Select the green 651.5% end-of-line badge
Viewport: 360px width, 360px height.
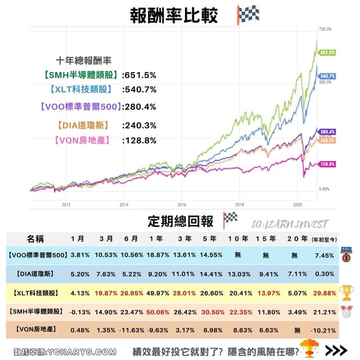click(x=327, y=52)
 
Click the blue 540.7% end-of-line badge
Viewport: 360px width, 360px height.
click(x=327, y=75)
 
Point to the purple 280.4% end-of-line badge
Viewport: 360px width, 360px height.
click(x=327, y=132)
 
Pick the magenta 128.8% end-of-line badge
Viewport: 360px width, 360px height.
click(x=327, y=164)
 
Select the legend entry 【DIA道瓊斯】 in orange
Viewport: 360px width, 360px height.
click(x=82, y=125)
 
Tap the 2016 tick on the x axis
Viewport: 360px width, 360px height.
click(x=182, y=205)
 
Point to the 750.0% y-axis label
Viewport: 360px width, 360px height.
click(x=325, y=28)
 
